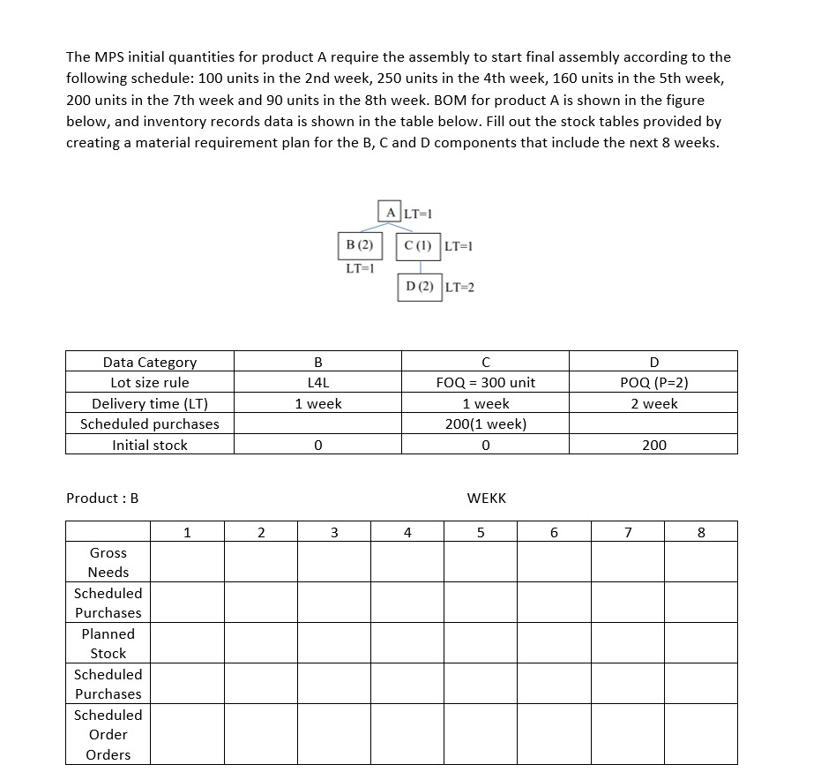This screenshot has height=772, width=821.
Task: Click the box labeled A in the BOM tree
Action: [390, 211]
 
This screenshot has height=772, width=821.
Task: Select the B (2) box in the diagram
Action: [360, 244]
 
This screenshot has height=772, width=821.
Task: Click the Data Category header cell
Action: [150, 362]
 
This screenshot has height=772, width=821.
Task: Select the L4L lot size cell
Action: [317, 383]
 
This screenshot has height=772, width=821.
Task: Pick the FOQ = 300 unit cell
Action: [485, 383]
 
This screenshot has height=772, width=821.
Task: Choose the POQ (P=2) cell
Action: [653, 383]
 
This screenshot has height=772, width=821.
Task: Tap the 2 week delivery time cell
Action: [653, 403]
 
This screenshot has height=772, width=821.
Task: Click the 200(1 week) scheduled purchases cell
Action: [485, 423]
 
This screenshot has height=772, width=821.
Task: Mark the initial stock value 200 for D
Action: [653, 445]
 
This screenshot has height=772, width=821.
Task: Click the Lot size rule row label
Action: [150, 383]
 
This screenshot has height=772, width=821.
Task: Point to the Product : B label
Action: [102, 498]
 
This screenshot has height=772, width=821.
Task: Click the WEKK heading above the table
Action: [486, 498]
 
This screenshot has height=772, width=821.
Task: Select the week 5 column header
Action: [481, 532]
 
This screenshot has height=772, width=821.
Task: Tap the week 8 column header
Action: [701, 532]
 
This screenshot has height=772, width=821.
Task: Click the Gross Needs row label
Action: [108, 562]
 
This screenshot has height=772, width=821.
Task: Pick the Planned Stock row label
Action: [108, 643]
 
